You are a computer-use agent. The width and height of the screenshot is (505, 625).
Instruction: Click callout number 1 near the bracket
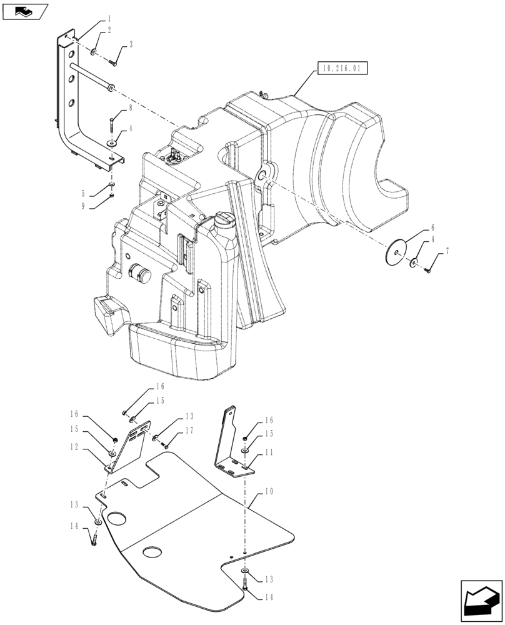tap(110, 19)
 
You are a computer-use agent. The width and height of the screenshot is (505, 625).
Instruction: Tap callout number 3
tap(131, 44)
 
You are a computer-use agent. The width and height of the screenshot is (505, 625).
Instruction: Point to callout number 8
tap(131, 108)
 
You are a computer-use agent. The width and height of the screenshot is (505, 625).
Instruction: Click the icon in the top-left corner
tap(24, 11)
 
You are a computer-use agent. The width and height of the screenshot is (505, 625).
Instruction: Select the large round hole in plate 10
tap(116, 520)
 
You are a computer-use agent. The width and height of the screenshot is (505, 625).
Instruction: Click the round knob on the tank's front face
tap(140, 273)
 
